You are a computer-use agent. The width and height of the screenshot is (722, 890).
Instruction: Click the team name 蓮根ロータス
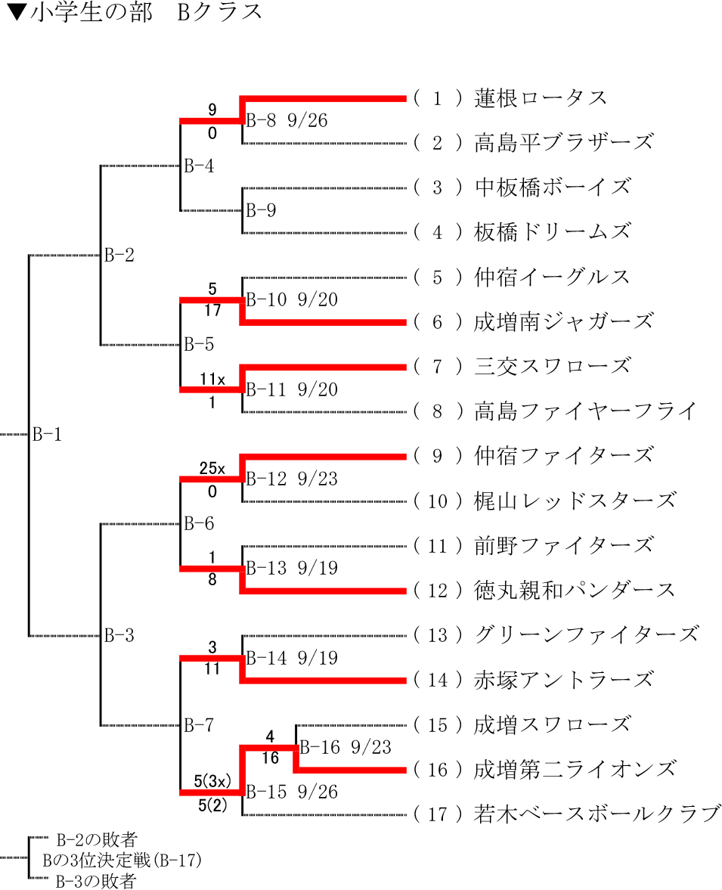coord(541,98)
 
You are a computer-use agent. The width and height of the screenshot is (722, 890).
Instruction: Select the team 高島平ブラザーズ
coord(563,143)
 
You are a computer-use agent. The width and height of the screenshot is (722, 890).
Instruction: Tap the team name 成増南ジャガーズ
coord(563,321)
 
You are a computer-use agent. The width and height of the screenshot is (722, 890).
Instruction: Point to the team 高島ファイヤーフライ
coord(585,411)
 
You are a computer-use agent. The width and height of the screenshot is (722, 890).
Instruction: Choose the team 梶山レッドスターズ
coord(574,501)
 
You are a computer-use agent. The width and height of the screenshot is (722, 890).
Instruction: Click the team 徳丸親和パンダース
coord(574,590)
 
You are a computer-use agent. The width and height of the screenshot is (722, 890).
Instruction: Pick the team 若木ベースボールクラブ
coord(596,814)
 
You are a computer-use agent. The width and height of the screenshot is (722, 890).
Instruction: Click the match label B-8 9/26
coord(287,121)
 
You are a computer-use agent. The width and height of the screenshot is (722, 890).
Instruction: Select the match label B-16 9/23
coord(346,748)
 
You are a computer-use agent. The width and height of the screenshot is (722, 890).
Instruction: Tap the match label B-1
coord(47,435)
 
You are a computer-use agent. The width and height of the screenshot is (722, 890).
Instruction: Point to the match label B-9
coord(262,210)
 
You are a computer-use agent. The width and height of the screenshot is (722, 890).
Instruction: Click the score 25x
coord(212,469)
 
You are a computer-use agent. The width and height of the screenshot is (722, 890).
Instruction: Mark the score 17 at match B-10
coord(212,309)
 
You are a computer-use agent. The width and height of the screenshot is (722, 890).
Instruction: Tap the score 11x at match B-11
coord(212,380)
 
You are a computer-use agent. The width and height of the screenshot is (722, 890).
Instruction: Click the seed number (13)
coord(438,635)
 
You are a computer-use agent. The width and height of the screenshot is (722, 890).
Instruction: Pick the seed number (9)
coord(438,456)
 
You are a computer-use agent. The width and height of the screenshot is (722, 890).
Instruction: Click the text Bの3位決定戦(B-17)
coord(122,860)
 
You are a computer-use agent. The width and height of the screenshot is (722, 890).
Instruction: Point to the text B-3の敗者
coord(95,881)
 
